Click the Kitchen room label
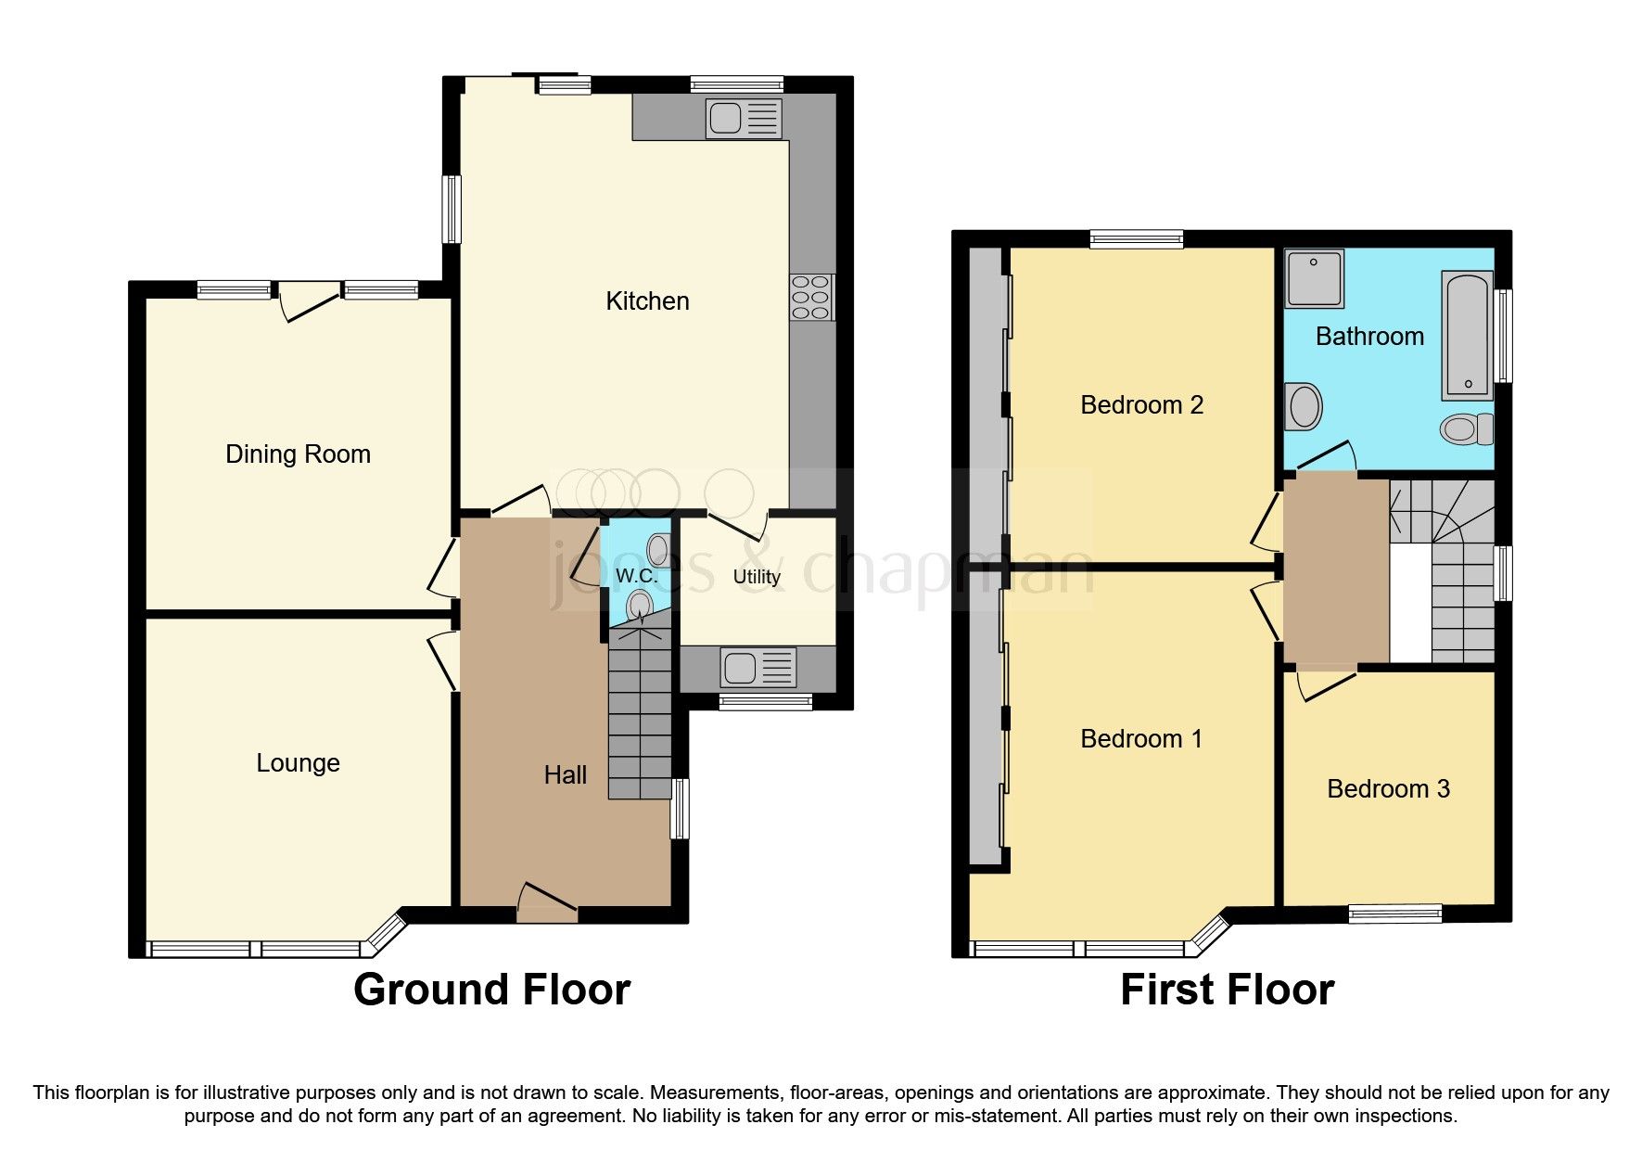pos(647,301)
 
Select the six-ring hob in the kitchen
pos(810,298)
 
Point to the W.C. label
pos(636,576)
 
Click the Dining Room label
pos(298,454)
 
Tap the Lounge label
pos(298,763)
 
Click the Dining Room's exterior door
pos(309,301)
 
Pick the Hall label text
pos(565,775)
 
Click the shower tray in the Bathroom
pos(1314,277)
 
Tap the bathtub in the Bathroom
pos(1468,335)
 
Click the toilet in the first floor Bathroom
pos(1466,428)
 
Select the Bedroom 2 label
pos(1141,405)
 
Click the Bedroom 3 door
pos(1326,685)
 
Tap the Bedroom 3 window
pos(1394,913)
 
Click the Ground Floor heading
pos(491,990)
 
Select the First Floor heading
pos(1227,990)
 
